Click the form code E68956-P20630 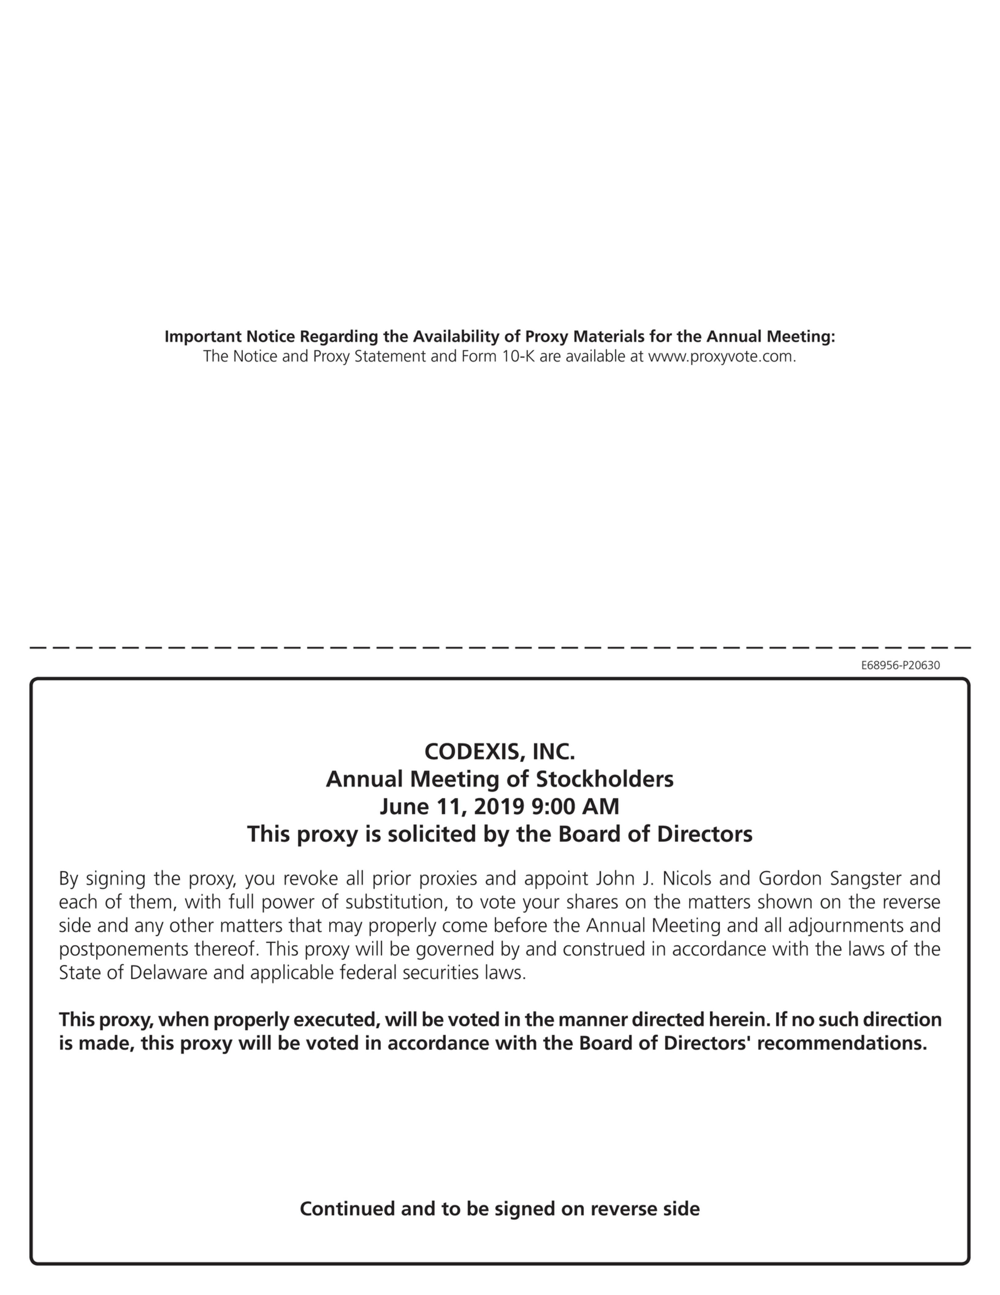tap(900, 665)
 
